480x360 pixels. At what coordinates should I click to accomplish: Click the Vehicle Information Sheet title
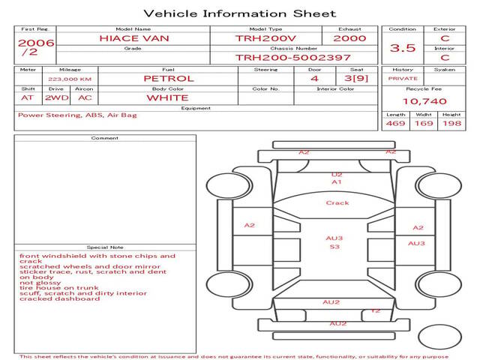click(x=239, y=13)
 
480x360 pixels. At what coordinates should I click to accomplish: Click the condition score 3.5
click(x=403, y=48)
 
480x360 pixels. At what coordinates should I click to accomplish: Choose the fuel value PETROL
click(x=169, y=78)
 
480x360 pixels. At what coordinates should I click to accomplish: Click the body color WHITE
click(x=167, y=97)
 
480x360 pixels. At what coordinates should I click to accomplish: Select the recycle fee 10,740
click(x=424, y=100)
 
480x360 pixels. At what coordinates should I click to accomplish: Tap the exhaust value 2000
click(x=349, y=37)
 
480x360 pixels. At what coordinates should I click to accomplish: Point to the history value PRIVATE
click(x=403, y=78)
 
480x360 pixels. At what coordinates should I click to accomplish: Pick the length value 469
click(x=395, y=123)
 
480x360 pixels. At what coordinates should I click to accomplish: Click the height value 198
click(x=451, y=123)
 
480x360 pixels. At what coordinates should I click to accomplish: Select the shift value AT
click(x=28, y=97)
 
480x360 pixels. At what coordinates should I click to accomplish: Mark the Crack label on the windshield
click(x=337, y=203)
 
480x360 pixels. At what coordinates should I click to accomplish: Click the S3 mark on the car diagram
click(x=334, y=247)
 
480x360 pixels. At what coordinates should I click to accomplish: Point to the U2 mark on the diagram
click(x=337, y=175)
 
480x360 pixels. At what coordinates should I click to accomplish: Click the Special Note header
click(x=105, y=247)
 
